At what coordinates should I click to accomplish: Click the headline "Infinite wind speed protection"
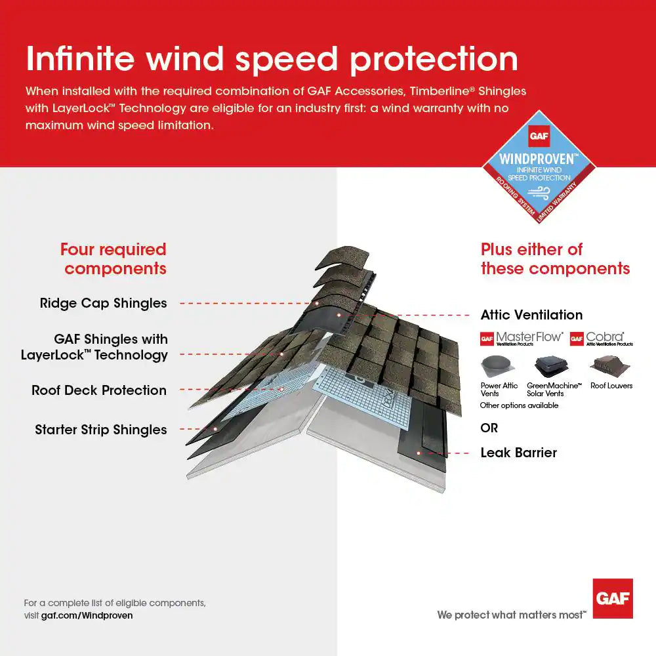pyautogui.click(x=272, y=59)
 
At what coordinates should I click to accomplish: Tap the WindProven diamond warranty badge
pyautogui.click(x=539, y=165)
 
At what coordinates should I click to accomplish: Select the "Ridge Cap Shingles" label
pyautogui.click(x=103, y=303)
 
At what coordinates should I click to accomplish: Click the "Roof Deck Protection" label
pyautogui.click(x=99, y=390)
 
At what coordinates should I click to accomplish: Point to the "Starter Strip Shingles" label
pyautogui.click(x=101, y=430)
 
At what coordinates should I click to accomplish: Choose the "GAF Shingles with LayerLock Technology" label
pyautogui.click(x=94, y=347)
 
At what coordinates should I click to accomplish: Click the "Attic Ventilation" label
pyautogui.click(x=531, y=315)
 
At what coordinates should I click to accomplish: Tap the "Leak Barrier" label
pyautogui.click(x=518, y=453)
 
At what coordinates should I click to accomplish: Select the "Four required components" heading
pyautogui.click(x=114, y=259)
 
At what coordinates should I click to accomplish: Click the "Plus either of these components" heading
pyautogui.click(x=555, y=259)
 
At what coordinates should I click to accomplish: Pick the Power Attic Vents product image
pyautogui.click(x=499, y=365)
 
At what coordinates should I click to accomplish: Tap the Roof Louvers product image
pyautogui.click(x=611, y=365)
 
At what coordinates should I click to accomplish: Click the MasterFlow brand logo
pyautogui.click(x=522, y=338)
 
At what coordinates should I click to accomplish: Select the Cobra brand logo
pyautogui.click(x=602, y=338)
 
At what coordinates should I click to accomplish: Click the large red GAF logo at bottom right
pyautogui.click(x=613, y=598)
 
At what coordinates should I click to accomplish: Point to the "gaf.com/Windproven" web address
pyautogui.click(x=87, y=615)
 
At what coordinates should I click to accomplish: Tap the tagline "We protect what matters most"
pyautogui.click(x=512, y=615)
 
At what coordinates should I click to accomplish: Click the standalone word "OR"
pyautogui.click(x=489, y=428)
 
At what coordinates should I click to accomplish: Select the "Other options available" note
pyautogui.click(x=519, y=405)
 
